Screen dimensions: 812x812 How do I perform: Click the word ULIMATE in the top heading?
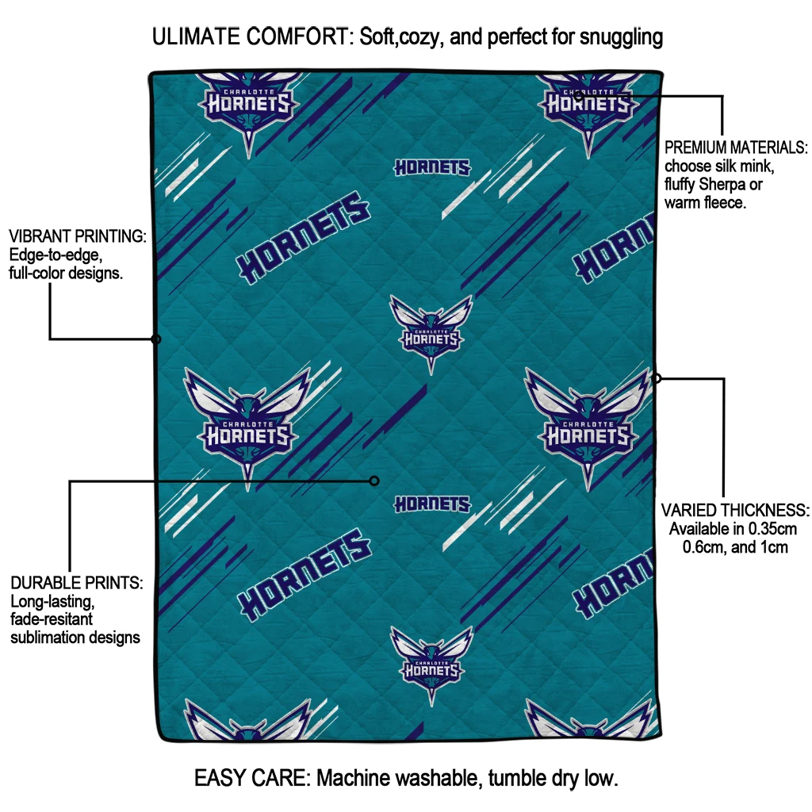point(200,36)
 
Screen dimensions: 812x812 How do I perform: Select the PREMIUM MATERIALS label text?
point(735,148)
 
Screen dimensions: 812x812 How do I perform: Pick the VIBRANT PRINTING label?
point(78,236)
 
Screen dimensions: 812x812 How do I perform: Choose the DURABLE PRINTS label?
point(77,583)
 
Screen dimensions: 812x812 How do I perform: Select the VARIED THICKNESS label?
point(735,510)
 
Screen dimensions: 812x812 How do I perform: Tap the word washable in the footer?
point(433,778)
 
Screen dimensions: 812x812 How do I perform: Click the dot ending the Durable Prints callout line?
point(374,481)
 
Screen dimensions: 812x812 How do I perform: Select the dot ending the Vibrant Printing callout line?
point(156,339)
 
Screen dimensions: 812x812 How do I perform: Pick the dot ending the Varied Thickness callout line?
point(657,378)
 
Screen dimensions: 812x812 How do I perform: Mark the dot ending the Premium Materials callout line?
point(578,96)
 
